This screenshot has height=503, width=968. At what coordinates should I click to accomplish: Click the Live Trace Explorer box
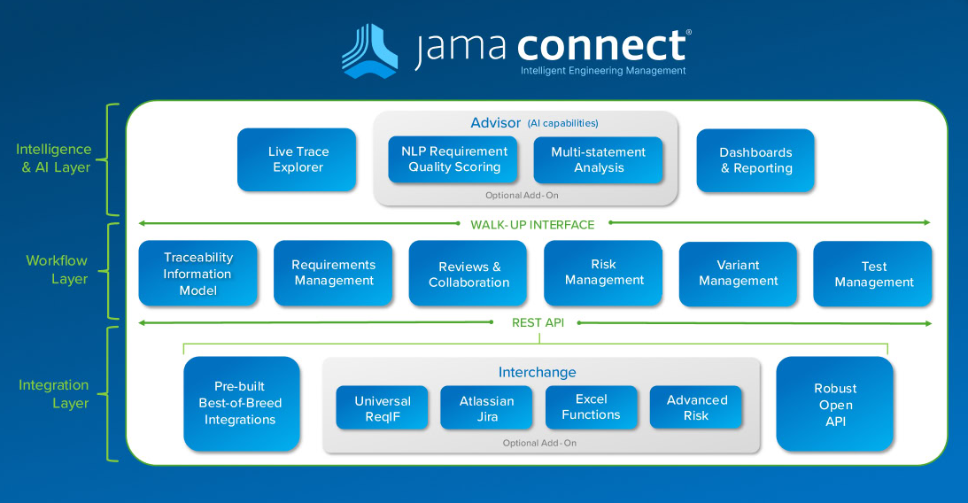[297, 160]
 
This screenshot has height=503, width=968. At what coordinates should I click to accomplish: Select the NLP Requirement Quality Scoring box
[453, 160]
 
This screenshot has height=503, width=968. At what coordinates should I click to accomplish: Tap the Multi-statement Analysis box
[598, 160]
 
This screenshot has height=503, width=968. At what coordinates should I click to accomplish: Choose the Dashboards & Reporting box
[755, 160]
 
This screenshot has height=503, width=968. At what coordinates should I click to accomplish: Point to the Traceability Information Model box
[198, 274]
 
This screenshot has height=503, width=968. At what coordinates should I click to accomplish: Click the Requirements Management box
[333, 274]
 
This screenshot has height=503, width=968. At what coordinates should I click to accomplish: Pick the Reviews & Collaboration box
[468, 274]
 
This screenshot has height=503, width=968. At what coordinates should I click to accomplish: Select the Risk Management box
[603, 274]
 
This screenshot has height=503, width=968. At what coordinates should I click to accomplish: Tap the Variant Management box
[739, 274]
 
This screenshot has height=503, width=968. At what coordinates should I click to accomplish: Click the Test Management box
[873, 274]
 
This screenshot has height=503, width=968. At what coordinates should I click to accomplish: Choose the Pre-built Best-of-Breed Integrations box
[242, 404]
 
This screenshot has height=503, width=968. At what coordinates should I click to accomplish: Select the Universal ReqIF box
[382, 407]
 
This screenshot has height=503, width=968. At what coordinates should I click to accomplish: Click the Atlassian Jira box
[486, 407]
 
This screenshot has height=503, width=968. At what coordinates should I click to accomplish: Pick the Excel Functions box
[592, 407]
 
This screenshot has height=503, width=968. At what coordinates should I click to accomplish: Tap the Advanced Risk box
[696, 407]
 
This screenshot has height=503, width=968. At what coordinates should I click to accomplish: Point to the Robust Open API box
[834, 404]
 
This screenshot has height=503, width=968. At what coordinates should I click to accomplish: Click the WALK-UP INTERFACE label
[532, 225]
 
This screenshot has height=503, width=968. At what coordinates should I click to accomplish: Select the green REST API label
[538, 322]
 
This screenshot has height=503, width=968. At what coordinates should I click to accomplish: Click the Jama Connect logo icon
[370, 50]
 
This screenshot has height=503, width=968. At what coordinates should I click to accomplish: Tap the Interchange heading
[537, 372]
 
